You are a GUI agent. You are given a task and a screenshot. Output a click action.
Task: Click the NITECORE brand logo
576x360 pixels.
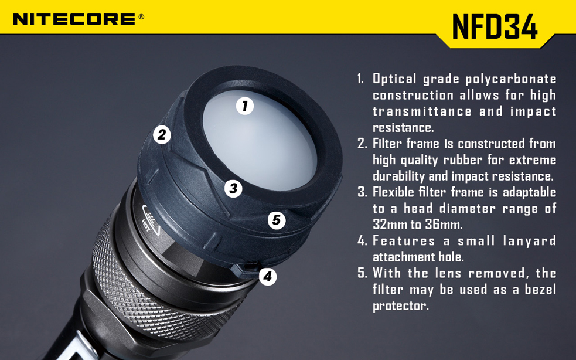(74, 19)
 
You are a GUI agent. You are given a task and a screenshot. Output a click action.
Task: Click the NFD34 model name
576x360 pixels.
(495, 26)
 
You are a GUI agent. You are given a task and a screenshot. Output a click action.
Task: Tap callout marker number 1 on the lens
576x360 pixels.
(245, 106)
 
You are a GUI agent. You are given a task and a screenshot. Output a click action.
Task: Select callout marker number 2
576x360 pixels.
(162, 134)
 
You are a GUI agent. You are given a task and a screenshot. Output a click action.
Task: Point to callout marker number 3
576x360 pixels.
(233, 188)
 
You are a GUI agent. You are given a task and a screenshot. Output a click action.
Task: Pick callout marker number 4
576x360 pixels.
(267, 276)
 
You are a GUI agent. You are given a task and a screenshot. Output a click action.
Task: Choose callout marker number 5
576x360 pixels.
(277, 220)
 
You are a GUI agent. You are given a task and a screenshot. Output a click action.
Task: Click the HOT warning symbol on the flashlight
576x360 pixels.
(149, 217)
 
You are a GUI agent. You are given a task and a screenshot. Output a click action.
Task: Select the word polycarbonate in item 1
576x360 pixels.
(511, 79)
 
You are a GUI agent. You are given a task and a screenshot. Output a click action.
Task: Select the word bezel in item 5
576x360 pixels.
(538, 290)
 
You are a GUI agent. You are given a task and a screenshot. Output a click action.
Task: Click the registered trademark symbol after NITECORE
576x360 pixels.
(141, 17)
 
